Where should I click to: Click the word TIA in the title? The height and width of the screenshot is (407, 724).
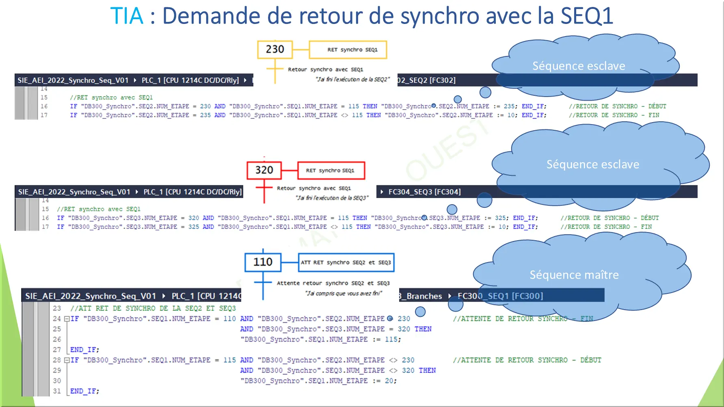(x=127, y=16)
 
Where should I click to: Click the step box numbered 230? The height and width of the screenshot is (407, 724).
(x=275, y=50)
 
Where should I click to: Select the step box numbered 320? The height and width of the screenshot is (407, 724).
(x=264, y=170)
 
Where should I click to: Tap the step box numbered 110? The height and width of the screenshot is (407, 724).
(x=263, y=262)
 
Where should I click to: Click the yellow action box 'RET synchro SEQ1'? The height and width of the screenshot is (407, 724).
(x=348, y=50)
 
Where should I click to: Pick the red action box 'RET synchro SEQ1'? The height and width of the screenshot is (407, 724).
(x=331, y=170)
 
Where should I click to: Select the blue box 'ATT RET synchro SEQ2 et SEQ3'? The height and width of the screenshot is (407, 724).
(x=346, y=263)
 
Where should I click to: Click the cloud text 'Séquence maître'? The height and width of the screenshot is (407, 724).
(x=574, y=275)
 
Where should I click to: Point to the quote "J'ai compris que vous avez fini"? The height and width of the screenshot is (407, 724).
(x=344, y=293)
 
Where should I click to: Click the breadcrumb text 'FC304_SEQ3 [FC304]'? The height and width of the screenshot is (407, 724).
(x=424, y=192)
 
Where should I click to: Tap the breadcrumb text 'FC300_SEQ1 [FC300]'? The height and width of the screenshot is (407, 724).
(x=500, y=296)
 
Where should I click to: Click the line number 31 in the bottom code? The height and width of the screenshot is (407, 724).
(x=57, y=391)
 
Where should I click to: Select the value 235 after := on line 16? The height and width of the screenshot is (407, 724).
(x=509, y=106)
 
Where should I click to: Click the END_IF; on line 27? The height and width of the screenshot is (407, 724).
(x=84, y=350)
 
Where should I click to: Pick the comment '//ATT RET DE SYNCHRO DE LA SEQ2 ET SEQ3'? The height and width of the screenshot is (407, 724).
(x=153, y=308)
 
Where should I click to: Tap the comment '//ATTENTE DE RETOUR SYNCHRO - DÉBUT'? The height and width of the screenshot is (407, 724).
(x=527, y=360)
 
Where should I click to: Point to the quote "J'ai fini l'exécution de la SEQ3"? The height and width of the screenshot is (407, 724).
(x=332, y=198)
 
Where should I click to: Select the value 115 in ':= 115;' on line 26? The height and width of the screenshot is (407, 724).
(x=391, y=339)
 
